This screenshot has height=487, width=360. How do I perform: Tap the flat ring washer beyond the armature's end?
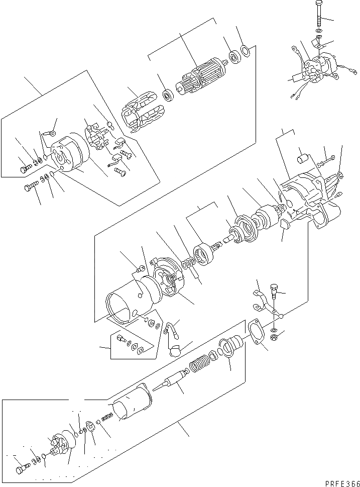tap(246, 50)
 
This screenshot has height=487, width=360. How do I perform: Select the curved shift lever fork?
tap(266, 304)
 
